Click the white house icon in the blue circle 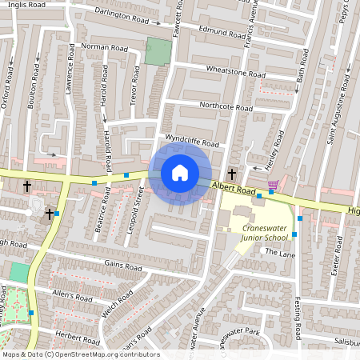180,173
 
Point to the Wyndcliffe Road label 191,141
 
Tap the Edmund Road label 222,34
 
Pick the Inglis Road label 22,5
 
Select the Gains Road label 122,266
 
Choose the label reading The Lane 280,252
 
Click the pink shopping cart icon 273,185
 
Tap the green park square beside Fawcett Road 158,51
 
